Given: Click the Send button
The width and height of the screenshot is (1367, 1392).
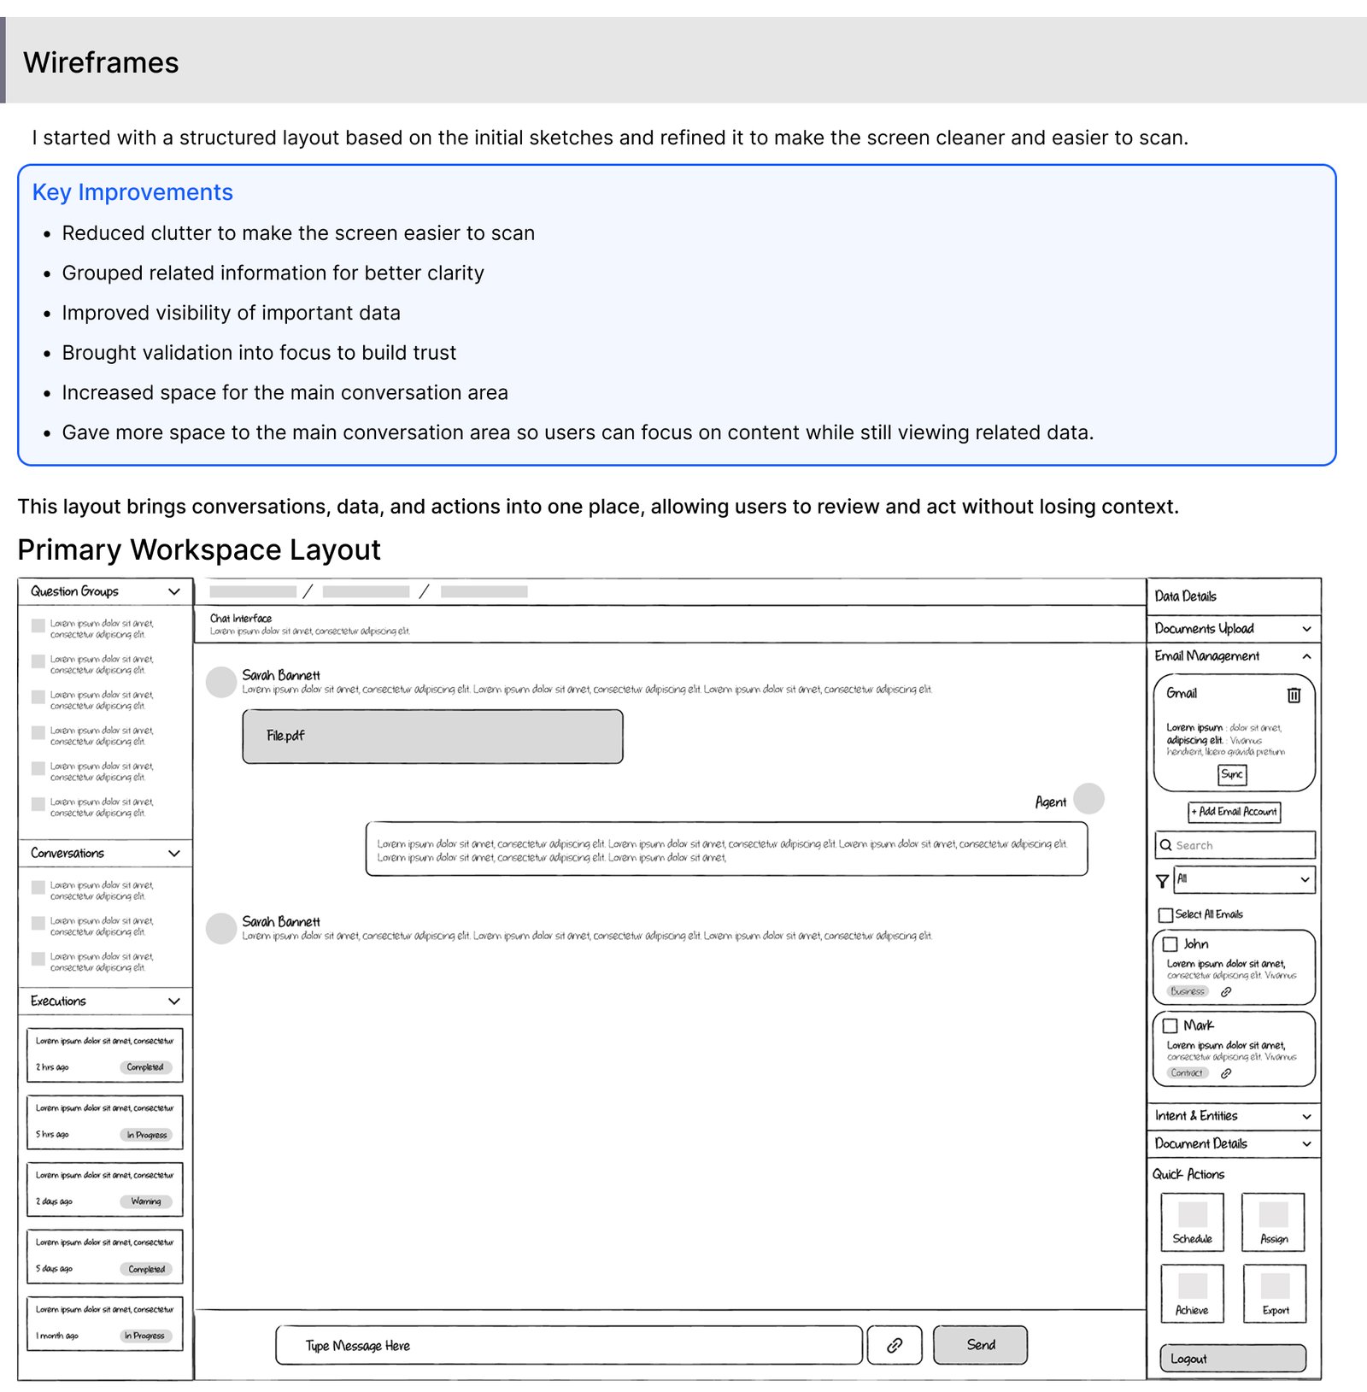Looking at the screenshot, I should click(x=980, y=1345).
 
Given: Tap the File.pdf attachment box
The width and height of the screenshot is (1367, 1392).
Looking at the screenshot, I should click(x=432, y=736).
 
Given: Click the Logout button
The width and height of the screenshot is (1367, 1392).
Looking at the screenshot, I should click(x=1232, y=1359).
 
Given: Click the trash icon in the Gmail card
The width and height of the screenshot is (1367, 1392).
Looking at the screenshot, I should click(x=1294, y=695).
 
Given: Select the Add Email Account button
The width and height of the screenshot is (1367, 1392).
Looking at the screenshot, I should click(x=1235, y=812).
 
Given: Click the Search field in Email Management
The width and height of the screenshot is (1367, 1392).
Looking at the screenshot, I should click(x=1235, y=845).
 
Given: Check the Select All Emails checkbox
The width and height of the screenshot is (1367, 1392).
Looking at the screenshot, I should click(x=1165, y=915).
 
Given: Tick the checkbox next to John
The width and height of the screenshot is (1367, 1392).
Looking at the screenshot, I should click(x=1170, y=944).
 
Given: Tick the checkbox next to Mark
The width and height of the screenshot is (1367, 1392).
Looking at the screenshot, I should click(x=1170, y=1025).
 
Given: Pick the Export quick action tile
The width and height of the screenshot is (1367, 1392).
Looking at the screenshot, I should click(x=1275, y=1293).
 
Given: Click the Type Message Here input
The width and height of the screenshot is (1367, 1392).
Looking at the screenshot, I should click(x=569, y=1346).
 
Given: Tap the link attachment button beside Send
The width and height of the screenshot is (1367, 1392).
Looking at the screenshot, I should click(x=895, y=1345).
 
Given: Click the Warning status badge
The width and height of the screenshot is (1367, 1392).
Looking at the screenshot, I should click(x=146, y=1201).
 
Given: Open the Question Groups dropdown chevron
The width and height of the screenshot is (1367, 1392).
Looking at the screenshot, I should click(x=174, y=591).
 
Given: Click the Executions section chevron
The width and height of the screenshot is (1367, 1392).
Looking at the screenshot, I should click(x=174, y=1001).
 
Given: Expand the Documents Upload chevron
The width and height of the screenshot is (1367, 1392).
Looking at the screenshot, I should click(x=1306, y=629).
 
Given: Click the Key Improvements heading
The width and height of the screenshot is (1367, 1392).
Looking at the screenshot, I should click(x=132, y=192).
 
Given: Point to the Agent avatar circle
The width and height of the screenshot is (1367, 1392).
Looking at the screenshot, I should click(x=1088, y=799).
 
